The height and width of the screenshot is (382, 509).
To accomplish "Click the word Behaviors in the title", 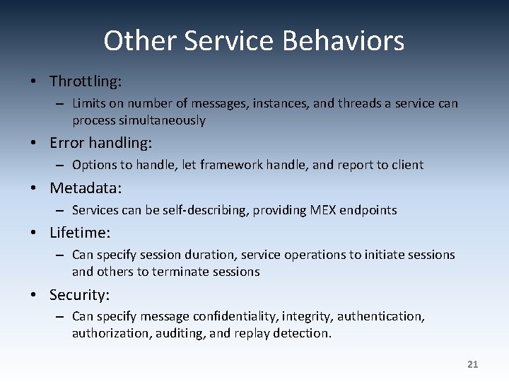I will (343, 41).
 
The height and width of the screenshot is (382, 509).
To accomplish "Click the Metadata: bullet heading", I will (86, 188).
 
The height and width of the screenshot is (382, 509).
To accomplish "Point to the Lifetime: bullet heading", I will (80, 233).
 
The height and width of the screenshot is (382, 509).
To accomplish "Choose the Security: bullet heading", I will (79, 294).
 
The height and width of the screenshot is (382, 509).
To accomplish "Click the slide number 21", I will (473, 364).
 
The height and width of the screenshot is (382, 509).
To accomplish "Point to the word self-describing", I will (208, 210).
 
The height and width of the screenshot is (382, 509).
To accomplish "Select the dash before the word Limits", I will (62, 104).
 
